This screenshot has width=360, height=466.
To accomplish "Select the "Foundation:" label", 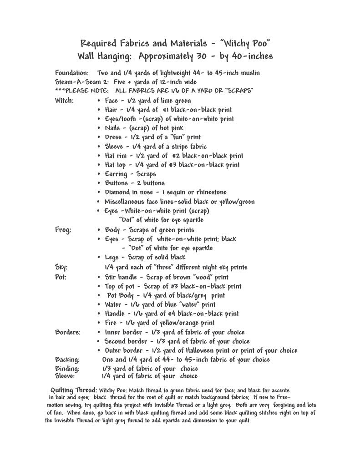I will (x=72, y=73).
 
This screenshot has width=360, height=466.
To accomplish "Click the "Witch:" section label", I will (x=65, y=100).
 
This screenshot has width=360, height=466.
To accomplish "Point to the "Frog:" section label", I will (x=63, y=230).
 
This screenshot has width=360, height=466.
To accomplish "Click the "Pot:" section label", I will (x=61, y=277).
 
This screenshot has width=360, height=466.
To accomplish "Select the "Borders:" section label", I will (x=68, y=332).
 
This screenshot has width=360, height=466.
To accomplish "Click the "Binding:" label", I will (x=67, y=369).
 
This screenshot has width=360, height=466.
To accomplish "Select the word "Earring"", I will (x=117, y=174).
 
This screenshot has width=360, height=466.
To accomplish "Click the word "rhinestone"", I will (x=207, y=192).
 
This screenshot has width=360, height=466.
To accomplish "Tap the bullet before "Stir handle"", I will (x=99, y=277).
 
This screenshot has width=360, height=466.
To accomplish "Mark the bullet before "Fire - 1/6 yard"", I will (x=99, y=323).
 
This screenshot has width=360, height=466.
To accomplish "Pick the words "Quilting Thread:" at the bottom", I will (x=74, y=390).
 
